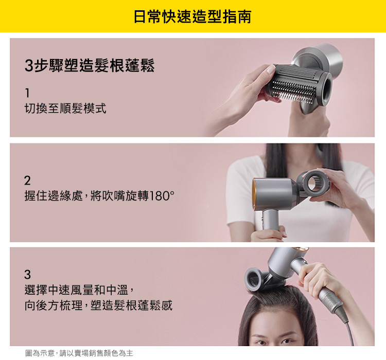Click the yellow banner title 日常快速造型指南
pyautogui.click(x=192, y=16)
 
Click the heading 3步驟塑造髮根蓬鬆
pyautogui.click(x=90, y=66)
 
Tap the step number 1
pyautogui.click(x=27, y=93)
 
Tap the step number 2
pyautogui.click(x=27, y=181)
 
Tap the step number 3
pyautogui.click(x=27, y=274)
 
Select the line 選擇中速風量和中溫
pyautogui.click(x=80, y=290)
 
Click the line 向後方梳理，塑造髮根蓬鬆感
pyautogui.click(x=98, y=306)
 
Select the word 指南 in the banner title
pyautogui.click(x=238, y=16)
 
